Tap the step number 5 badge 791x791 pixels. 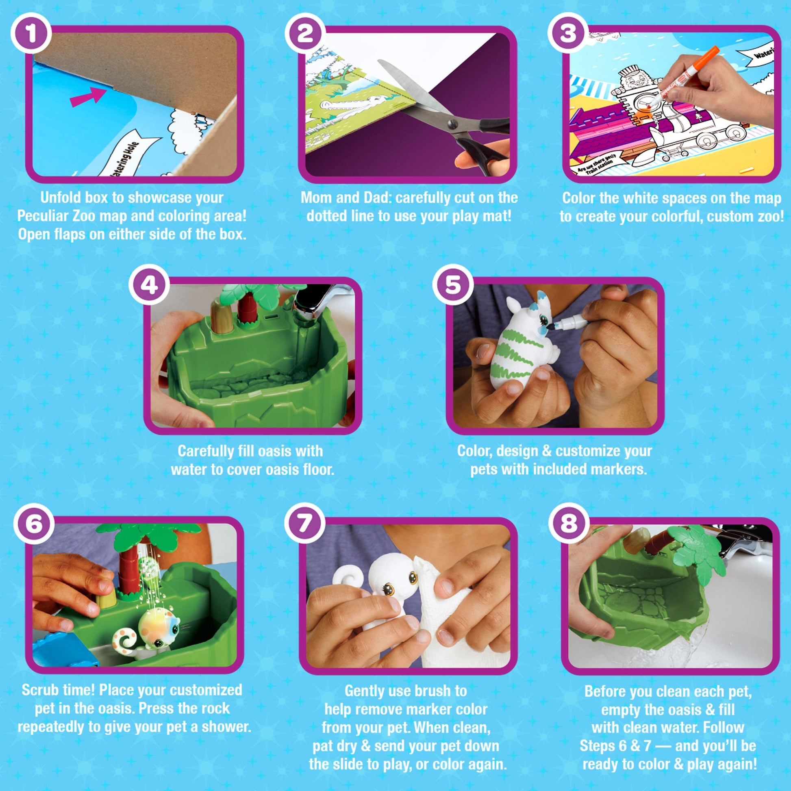tap(452, 284)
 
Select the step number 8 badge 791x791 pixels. tap(569, 524)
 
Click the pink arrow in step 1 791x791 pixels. tap(88, 97)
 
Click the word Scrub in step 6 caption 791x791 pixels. tap(38, 690)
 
